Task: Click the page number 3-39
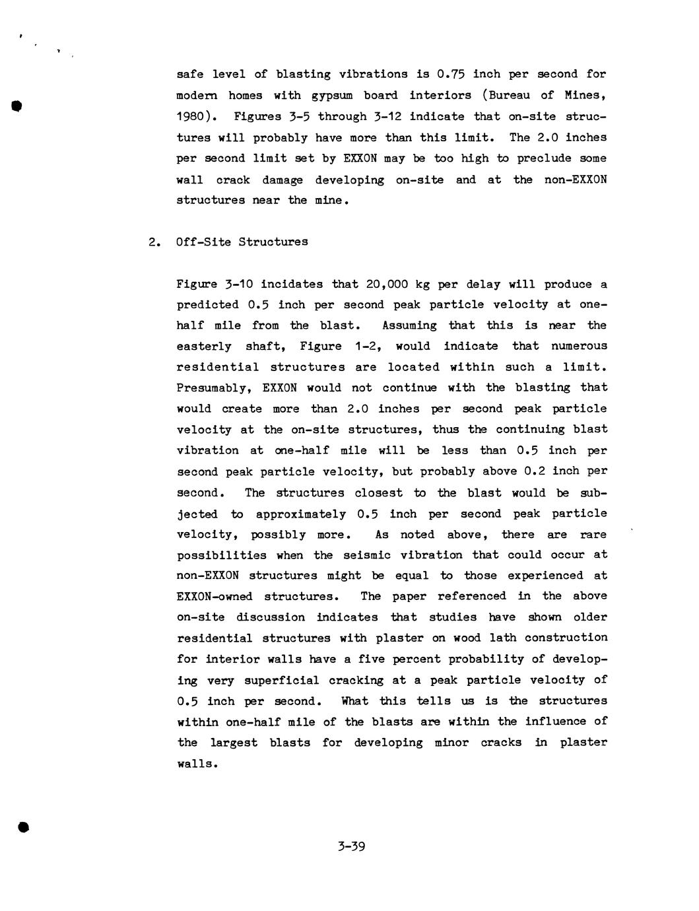point(350,846)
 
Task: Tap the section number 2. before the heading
point(154,242)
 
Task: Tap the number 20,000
point(374,285)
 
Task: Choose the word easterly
point(204,346)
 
